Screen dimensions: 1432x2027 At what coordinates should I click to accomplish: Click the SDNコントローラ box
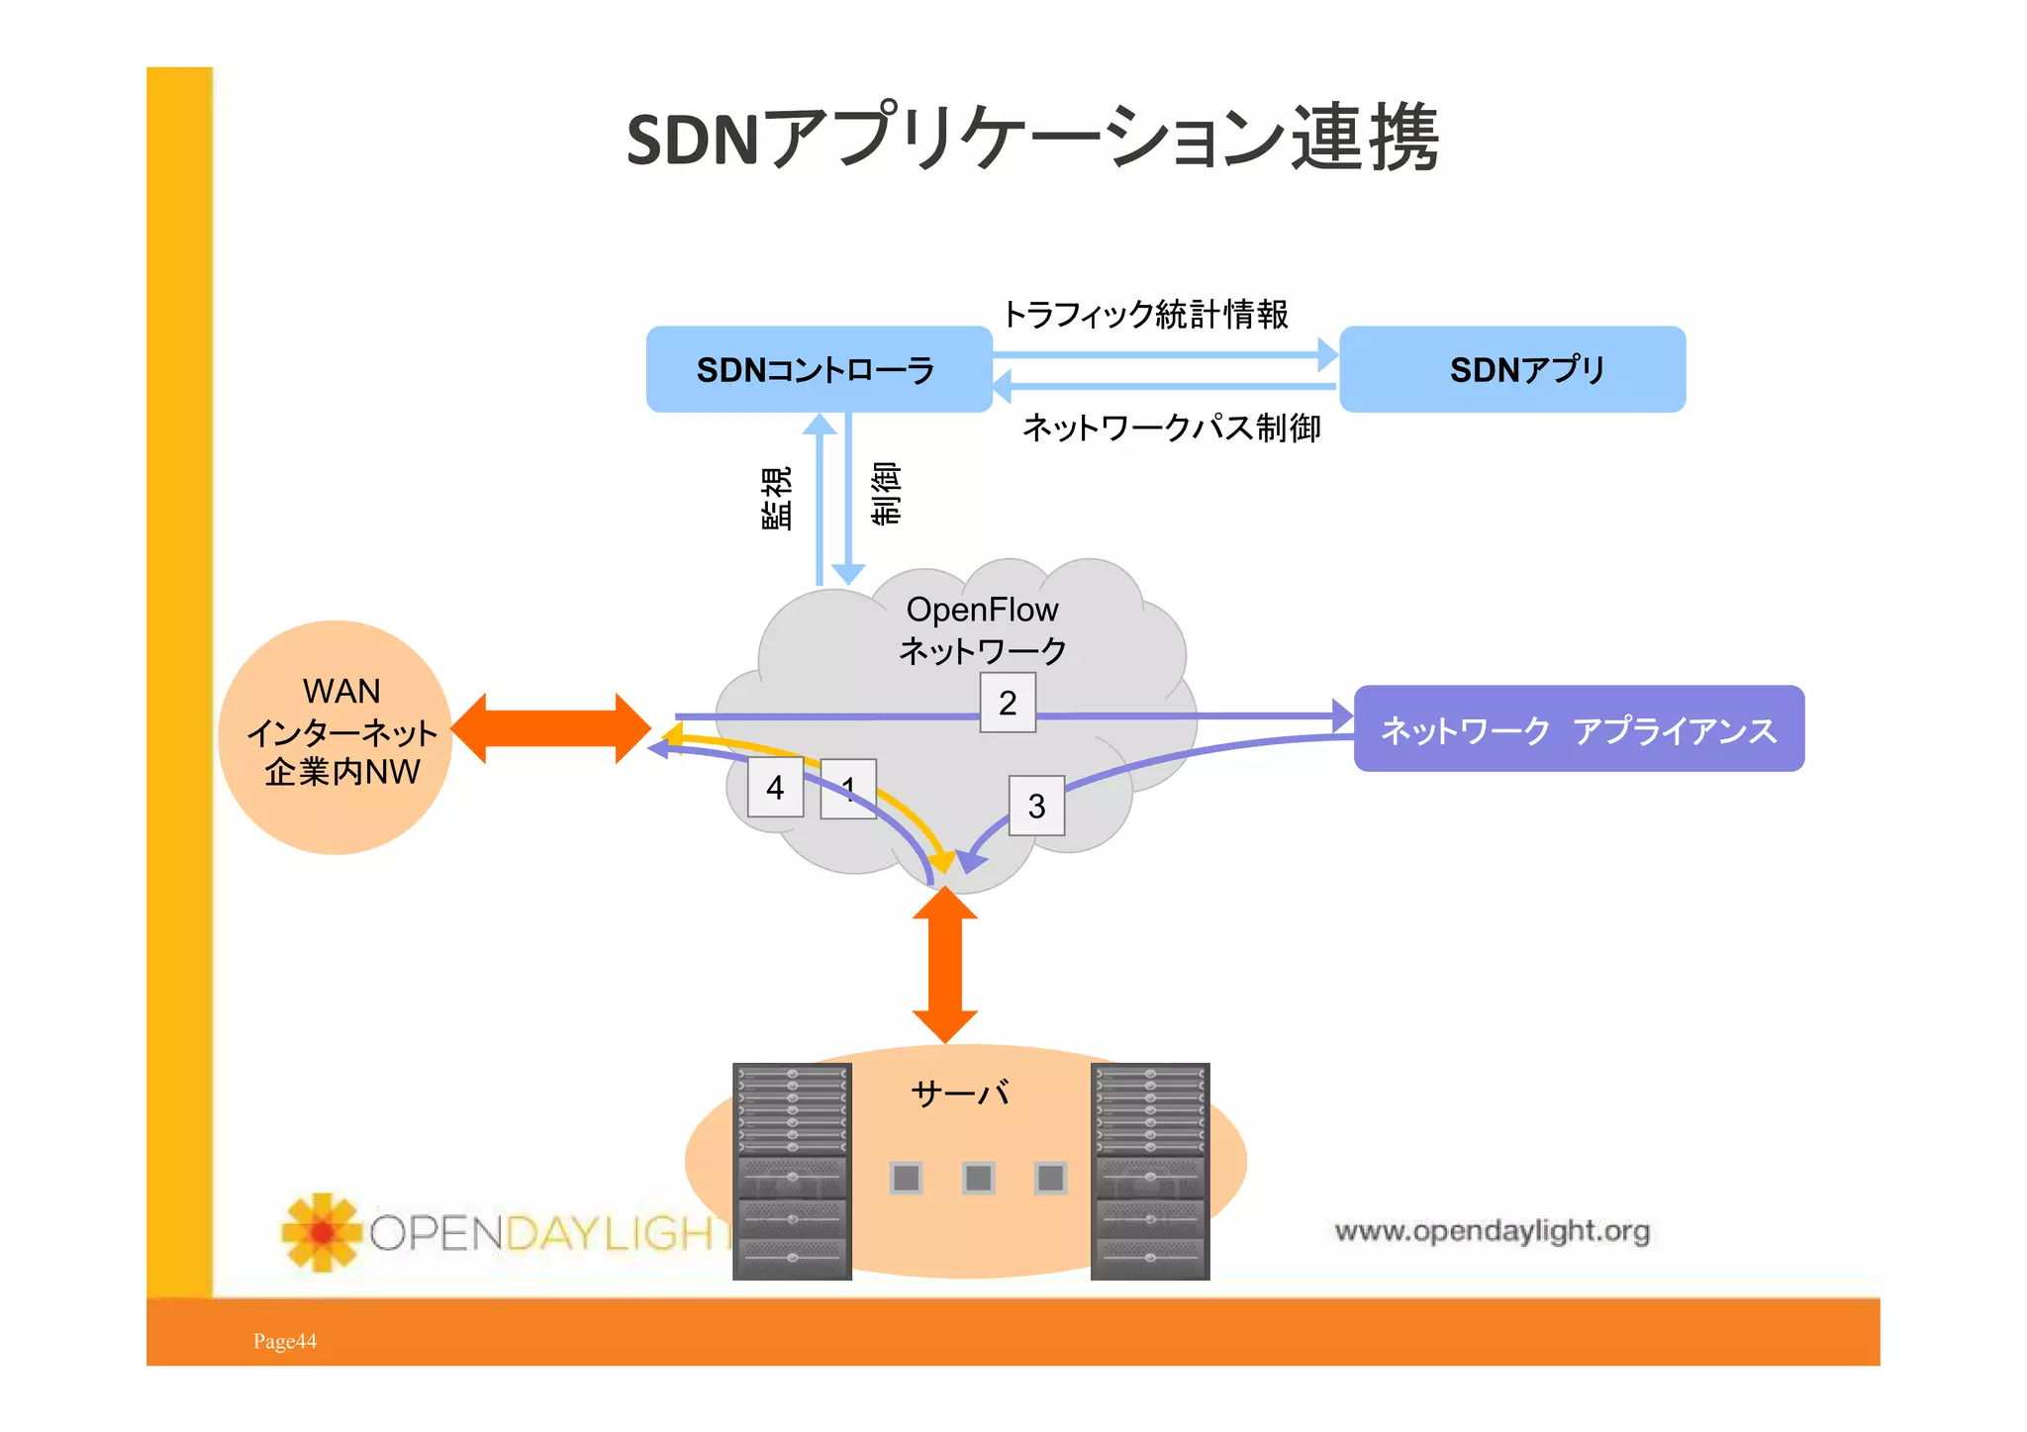(819, 369)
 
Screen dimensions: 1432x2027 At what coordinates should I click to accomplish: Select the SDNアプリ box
(1511, 369)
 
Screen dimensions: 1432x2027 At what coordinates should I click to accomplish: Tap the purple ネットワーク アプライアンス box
(1578, 729)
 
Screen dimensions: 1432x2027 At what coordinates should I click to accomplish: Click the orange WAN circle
(336, 737)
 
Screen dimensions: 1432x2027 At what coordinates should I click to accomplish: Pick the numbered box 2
(1008, 703)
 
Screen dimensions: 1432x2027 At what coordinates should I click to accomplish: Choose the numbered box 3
(1036, 806)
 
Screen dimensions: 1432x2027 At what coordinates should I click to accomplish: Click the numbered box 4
(775, 788)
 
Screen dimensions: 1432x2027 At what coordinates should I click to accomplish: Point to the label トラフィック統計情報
(1145, 314)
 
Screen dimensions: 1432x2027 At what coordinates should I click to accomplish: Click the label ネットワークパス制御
(1171, 428)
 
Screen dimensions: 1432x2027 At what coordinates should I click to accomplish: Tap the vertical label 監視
(777, 498)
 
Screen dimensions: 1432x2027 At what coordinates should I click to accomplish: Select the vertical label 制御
(886, 492)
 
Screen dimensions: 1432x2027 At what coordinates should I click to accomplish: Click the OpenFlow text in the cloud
(982, 610)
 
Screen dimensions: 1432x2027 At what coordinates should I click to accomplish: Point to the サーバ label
(960, 1094)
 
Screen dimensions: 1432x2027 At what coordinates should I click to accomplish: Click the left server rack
(792, 1171)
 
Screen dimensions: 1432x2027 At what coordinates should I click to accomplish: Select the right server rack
(1150, 1171)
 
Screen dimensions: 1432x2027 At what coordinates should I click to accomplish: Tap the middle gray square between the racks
(978, 1178)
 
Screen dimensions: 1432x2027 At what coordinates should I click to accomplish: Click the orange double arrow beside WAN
(550, 729)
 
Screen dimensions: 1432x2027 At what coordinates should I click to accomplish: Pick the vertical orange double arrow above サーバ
(945, 965)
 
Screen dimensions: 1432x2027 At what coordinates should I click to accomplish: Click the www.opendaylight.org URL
(1492, 1231)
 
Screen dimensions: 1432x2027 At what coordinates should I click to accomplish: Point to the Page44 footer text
(285, 1341)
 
